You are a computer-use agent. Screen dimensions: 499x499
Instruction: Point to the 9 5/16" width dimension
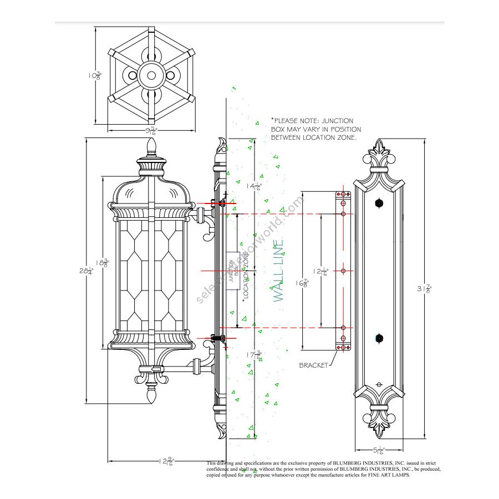point(150,131)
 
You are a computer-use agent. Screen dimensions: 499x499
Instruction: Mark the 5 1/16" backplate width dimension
point(379,450)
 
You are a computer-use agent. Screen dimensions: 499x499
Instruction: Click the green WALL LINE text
point(279,270)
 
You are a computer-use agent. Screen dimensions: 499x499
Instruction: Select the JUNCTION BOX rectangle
point(233,271)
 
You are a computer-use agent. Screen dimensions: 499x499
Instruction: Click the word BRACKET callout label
point(314,365)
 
